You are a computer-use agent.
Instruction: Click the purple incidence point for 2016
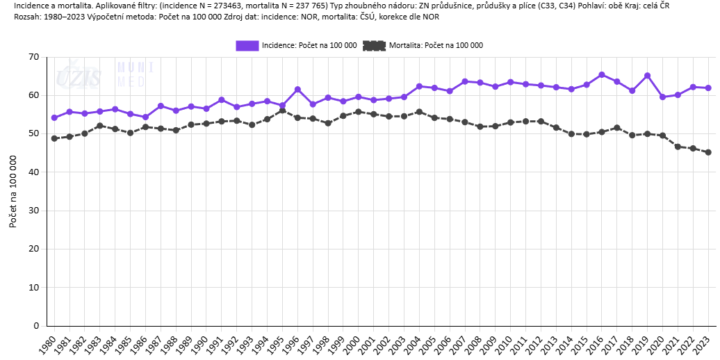pyautogui.click(x=602, y=74)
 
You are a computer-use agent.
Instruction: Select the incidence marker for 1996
pyautogui.click(x=297, y=89)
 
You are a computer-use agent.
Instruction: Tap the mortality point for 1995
pyautogui.click(x=282, y=111)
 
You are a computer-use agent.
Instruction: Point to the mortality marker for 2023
pyautogui.click(x=708, y=152)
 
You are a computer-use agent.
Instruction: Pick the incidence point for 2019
pyautogui.click(x=647, y=75)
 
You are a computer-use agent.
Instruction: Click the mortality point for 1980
pyautogui.click(x=54, y=138)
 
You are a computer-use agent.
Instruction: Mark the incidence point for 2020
pyautogui.click(x=662, y=97)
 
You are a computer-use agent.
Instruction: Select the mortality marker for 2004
pyautogui.click(x=419, y=111)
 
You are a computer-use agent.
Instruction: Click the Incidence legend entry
pyautogui.click(x=297, y=45)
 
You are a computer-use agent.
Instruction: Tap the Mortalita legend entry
pyautogui.click(x=423, y=45)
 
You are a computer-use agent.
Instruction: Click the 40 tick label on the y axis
pyautogui.click(x=33, y=172)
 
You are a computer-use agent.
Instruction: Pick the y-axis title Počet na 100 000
pyautogui.click(x=13, y=191)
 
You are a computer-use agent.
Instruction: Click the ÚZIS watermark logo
pyautogui.click(x=79, y=75)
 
